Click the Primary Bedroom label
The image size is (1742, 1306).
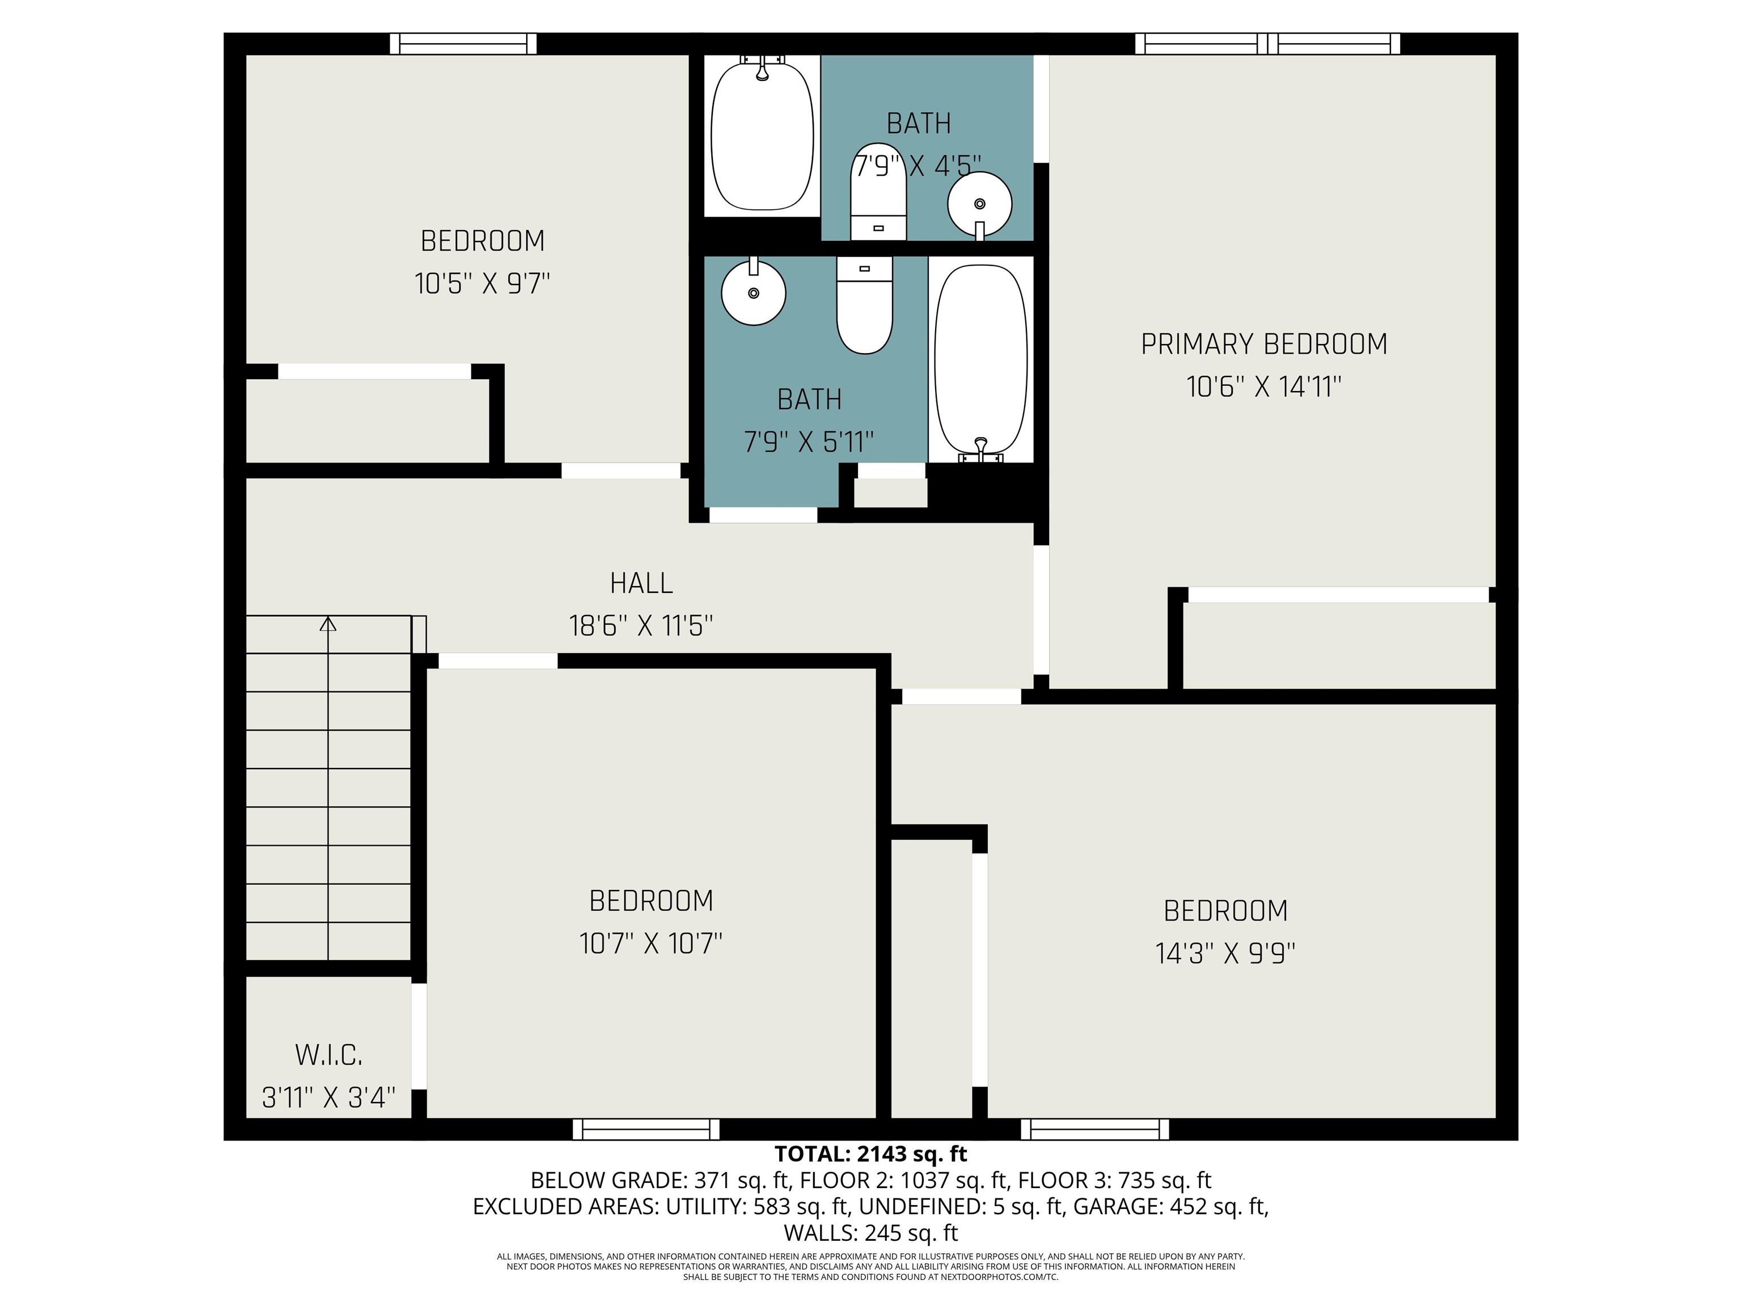1264,344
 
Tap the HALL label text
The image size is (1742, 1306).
641,583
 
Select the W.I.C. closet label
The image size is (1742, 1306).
328,1055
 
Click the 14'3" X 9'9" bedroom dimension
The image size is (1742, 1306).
1225,953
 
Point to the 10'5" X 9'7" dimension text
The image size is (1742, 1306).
482,283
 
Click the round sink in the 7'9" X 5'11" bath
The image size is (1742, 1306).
754,291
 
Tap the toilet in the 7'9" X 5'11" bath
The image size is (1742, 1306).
864,306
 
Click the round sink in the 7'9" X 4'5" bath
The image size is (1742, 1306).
980,205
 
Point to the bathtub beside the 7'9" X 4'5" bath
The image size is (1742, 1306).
762,134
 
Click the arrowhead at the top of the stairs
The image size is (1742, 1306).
328,624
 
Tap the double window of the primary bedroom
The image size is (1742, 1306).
1267,44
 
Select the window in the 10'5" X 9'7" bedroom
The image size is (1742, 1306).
463,44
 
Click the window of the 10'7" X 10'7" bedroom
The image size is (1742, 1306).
646,1129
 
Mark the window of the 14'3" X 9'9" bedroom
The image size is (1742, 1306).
1094,1129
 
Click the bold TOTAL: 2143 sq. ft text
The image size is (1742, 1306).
870,1154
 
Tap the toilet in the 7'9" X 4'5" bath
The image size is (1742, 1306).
878,191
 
